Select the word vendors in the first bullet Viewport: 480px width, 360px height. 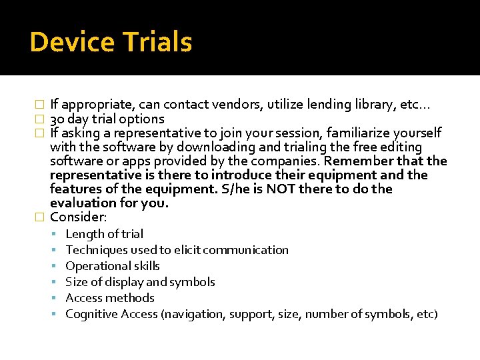click(247, 105)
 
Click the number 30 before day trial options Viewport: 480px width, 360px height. click(57, 119)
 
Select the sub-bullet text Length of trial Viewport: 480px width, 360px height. click(104, 234)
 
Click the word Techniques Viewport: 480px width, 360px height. click(96, 250)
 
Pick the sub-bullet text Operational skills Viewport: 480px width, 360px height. click(113, 266)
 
